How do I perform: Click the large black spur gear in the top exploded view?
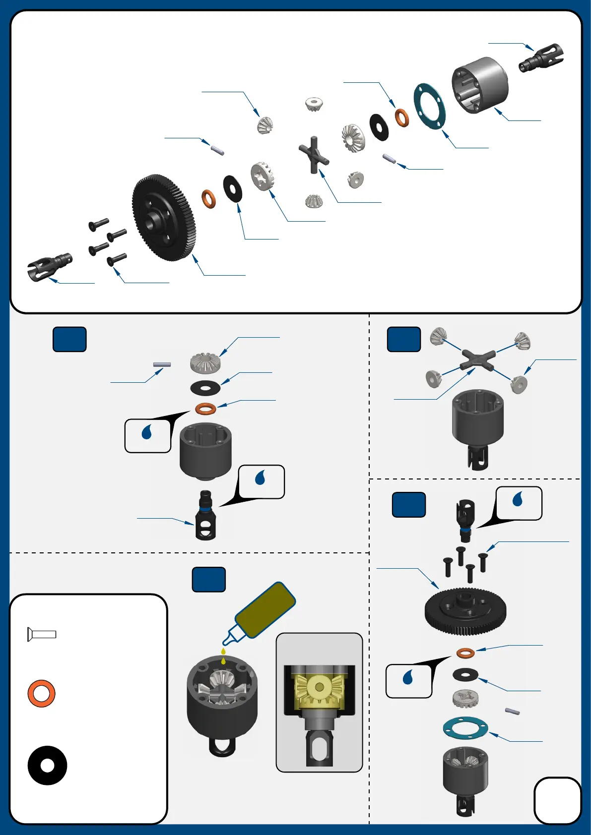click(x=164, y=217)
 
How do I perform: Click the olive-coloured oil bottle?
click(x=265, y=610)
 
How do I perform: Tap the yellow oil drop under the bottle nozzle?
click(x=223, y=652)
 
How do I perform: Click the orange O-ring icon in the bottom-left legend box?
click(x=41, y=693)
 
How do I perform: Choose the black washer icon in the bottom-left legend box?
click(x=47, y=765)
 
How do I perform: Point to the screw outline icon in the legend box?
click(x=42, y=634)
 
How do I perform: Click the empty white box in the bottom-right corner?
click(x=557, y=800)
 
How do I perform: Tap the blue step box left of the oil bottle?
click(x=208, y=580)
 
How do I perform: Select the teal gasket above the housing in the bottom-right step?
click(x=465, y=728)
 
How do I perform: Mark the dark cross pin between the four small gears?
click(x=478, y=359)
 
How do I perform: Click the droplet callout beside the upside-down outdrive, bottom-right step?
click(x=519, y=503)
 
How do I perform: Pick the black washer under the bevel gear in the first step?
click(x=205, y=387)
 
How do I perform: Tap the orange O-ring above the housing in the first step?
click(x=205, y=409)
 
